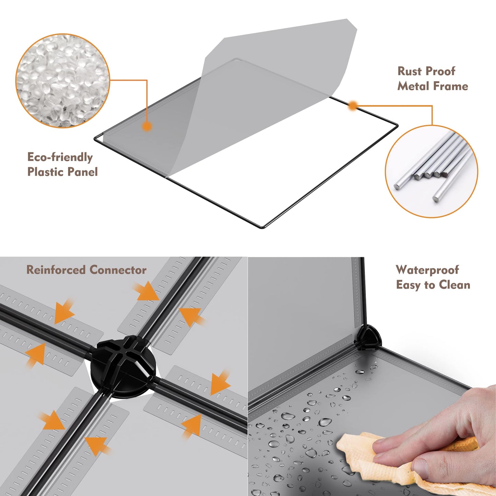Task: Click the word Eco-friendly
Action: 60,157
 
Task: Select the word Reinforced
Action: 56,270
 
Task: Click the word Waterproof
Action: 427,270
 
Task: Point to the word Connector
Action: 118,270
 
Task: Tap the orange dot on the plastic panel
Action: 147,126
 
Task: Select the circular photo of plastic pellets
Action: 63,81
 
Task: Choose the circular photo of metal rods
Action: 431,171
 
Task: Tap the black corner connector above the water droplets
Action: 368,338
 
